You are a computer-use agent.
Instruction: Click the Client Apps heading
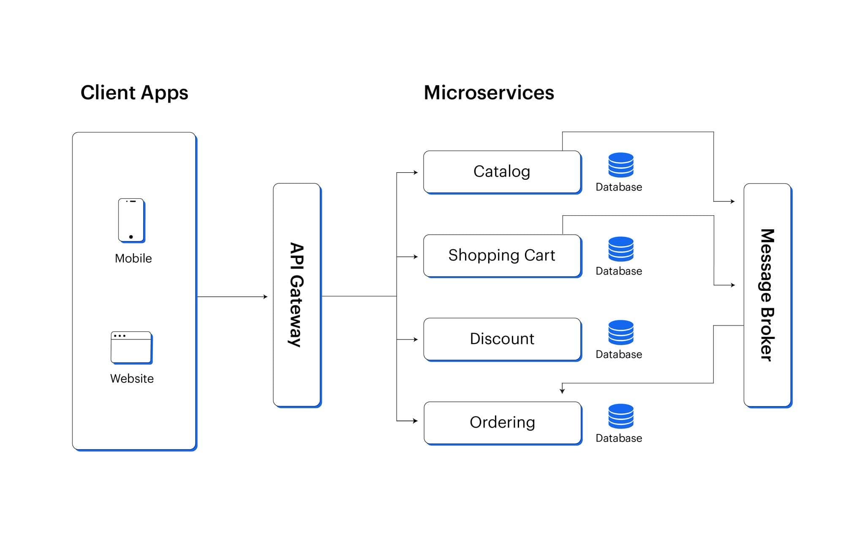(x=134, y=93)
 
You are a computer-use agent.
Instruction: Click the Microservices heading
(x=489, y=92)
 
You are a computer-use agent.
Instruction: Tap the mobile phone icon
(x=131, y=220)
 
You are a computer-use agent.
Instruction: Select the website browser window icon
(x=131, y=347)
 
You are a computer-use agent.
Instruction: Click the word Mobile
(x=133, y=258)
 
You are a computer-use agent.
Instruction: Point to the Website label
(x=132, y=378)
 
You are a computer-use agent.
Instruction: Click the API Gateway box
(x=297, y=295)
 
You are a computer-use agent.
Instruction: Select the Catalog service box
(x=502, y=172)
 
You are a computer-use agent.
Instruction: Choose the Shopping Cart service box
(x=502, y=255)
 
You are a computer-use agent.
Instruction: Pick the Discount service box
(x=502, y=339)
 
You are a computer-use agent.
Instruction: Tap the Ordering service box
(x=503, y=423)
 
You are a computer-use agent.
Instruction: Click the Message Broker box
(x=767, y=295)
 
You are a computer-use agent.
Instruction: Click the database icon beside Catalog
(x=621, y=165)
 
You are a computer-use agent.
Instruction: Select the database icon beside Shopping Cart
(x=621, y=249)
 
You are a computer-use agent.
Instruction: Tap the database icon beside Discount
(x=621, y=332)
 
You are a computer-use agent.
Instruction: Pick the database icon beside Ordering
(x=621, y=416)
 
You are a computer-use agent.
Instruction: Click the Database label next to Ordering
(x=619, y=438)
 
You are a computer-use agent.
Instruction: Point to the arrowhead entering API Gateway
(x=266, y=297)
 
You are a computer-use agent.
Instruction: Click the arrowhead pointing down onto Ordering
(x=562, y=391)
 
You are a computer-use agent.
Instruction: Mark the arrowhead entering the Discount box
(x=416, y=339)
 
